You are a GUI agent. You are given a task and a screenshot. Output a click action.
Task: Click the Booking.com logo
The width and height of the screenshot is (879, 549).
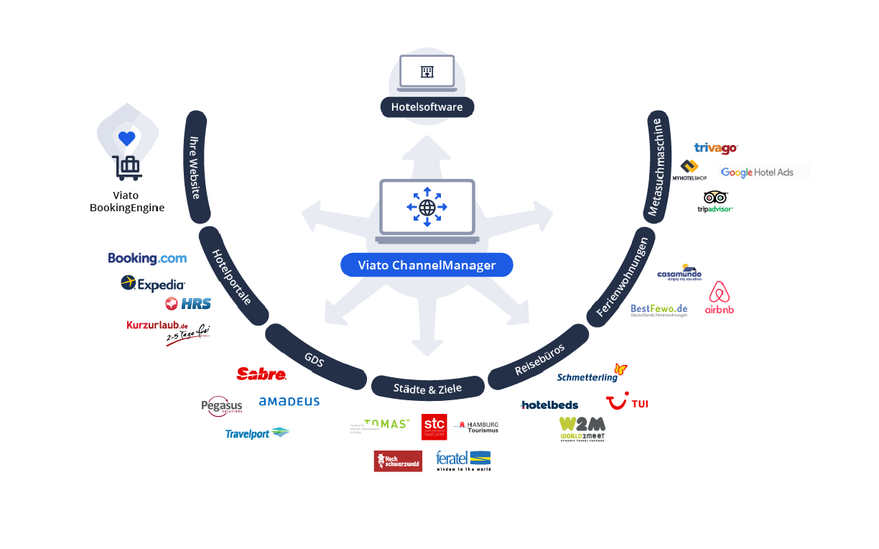tap(147, 259)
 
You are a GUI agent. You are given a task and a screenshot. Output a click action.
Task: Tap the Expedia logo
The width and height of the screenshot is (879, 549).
tap(153, 284)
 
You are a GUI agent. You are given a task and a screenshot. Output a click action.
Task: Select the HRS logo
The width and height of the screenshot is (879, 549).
tap(188, 303)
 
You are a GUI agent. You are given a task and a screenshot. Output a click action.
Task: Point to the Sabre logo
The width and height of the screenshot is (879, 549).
tap(261, 374)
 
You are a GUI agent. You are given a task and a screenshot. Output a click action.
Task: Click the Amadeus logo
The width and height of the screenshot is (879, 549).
tap(289, 402)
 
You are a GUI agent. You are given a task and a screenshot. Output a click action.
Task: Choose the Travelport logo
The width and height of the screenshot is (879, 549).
tap(257, 433)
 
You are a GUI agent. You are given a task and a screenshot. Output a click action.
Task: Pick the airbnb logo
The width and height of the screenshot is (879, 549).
tap(720, 297)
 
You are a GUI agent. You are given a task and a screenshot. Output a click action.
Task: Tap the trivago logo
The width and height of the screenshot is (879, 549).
tap(715, 148)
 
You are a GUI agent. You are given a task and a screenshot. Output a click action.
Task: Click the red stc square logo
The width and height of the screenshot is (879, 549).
tap(434, 427)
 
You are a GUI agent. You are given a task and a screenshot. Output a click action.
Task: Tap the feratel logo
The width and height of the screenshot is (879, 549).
tap(463, 460)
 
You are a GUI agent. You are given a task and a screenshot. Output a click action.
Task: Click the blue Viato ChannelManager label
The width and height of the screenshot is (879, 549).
tap(427, 265)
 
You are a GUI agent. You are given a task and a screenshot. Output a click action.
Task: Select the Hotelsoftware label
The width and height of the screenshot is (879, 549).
tap(427, 107)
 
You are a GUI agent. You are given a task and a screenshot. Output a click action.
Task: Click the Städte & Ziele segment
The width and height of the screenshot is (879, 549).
tap(427, 388)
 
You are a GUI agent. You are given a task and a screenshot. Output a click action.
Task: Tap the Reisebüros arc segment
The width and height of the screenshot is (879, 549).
tap(539, 359)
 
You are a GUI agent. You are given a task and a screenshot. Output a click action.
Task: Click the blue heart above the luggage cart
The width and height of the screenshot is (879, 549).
tap(127, 138)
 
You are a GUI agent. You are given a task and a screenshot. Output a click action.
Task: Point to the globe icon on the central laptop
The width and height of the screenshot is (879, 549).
tap(427, 207)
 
